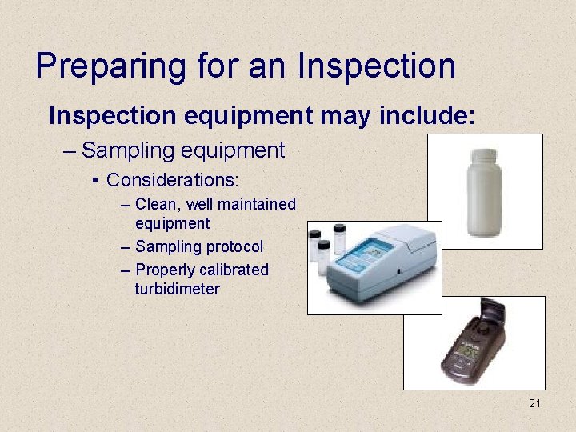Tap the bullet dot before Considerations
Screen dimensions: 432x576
(x=96, y=181)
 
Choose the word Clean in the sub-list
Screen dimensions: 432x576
(x=154, y=205)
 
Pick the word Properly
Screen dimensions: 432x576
(x=167, y=270)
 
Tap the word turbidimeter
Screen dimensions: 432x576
(x=177, y=289)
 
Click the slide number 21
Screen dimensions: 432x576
(x=534, y=403)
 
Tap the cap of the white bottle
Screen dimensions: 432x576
(x=484, y=153)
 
